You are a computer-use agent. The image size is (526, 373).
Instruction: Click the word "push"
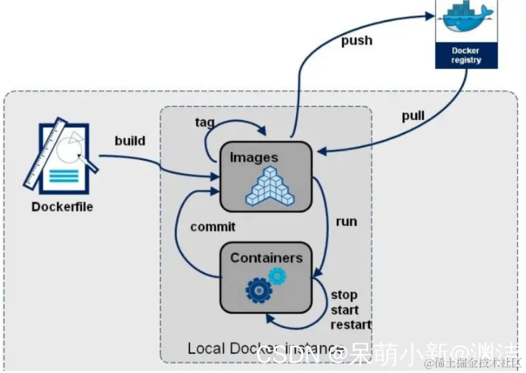coord(357,41)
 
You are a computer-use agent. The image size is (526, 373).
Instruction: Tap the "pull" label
coord(413,116)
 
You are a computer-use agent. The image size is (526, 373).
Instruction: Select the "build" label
coord(130,140)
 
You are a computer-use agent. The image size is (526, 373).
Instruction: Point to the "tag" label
coord(205,122)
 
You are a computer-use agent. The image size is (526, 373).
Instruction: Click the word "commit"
coord(213,226)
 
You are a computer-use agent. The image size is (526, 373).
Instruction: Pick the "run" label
coord(346,221)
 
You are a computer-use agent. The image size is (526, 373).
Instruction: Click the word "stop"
coord(344,295)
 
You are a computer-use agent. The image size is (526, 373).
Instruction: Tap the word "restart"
coord(351,325)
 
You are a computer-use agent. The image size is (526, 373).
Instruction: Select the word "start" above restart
coord(345,310)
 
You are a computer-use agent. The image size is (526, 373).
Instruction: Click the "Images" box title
coord(254,157)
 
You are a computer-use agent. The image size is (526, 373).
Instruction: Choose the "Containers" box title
coord(266,257)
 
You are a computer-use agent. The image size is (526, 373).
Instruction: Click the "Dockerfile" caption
coord(62,207)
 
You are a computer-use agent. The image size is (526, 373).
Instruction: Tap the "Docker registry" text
coord(466,55)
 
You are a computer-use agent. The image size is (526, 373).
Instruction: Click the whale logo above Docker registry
coord(466,19)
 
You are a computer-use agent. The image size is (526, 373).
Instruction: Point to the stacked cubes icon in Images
coord(271,186)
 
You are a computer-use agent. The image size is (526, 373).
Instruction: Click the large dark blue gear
coord(259,290)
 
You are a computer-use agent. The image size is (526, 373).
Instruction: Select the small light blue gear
coord(277,275)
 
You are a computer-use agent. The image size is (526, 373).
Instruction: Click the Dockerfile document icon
coord(61,157)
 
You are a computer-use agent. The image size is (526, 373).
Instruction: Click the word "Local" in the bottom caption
coord(205,348)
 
